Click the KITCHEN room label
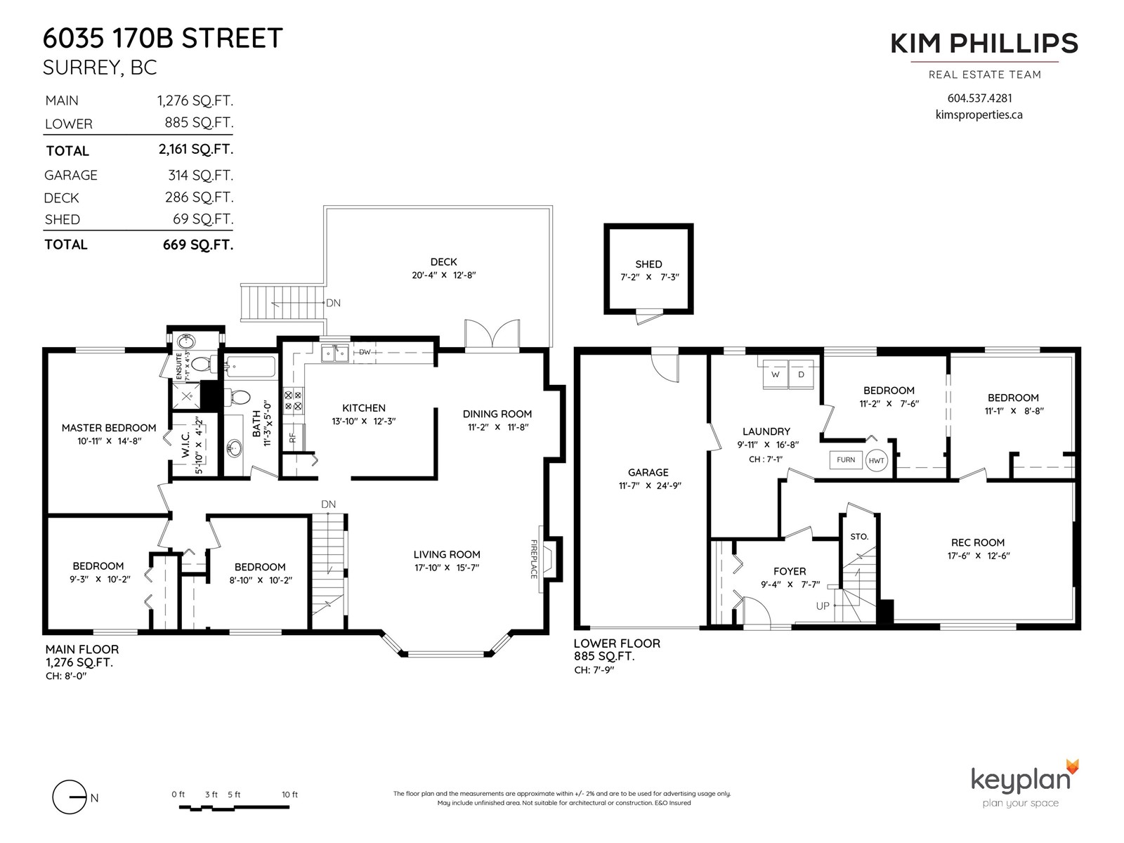(364, 408)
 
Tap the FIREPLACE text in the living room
(534, 559)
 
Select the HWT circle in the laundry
(876, 461)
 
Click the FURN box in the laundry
(845, 459)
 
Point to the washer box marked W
(776, 374)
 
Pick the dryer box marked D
(801, 374)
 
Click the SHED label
(648, 264)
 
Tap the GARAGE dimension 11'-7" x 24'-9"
(650, 485)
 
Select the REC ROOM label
(978, 542)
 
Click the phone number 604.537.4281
(979, 98)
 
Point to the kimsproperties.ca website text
(979, 115)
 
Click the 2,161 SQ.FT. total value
(195, 150)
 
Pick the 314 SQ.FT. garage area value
(200, 175)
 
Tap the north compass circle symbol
(69, 797)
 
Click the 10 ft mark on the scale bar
(289, 795)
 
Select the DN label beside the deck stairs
(333, 303)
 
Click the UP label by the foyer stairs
(823, 606)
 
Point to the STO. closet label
(859, 537)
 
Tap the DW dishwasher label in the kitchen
(365, 352)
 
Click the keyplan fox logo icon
(1072, 766)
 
